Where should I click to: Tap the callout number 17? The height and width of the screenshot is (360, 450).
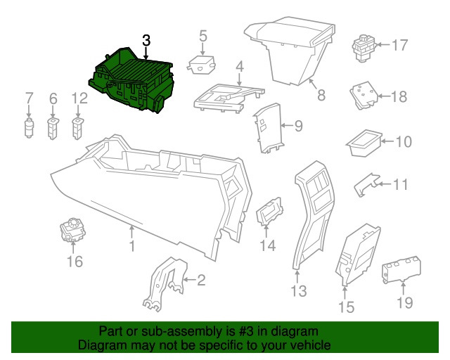399,46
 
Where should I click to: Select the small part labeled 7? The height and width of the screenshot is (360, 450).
30,129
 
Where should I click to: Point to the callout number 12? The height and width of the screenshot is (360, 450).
78,99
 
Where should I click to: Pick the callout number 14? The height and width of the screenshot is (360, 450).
268,245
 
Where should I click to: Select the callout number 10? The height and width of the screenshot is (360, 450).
403,143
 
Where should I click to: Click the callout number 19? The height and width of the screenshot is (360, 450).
405,303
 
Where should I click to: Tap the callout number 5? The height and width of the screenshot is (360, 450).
202,35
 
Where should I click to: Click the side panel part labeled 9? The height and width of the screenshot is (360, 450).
268,127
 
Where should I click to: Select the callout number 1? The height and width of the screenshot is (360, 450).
131,247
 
